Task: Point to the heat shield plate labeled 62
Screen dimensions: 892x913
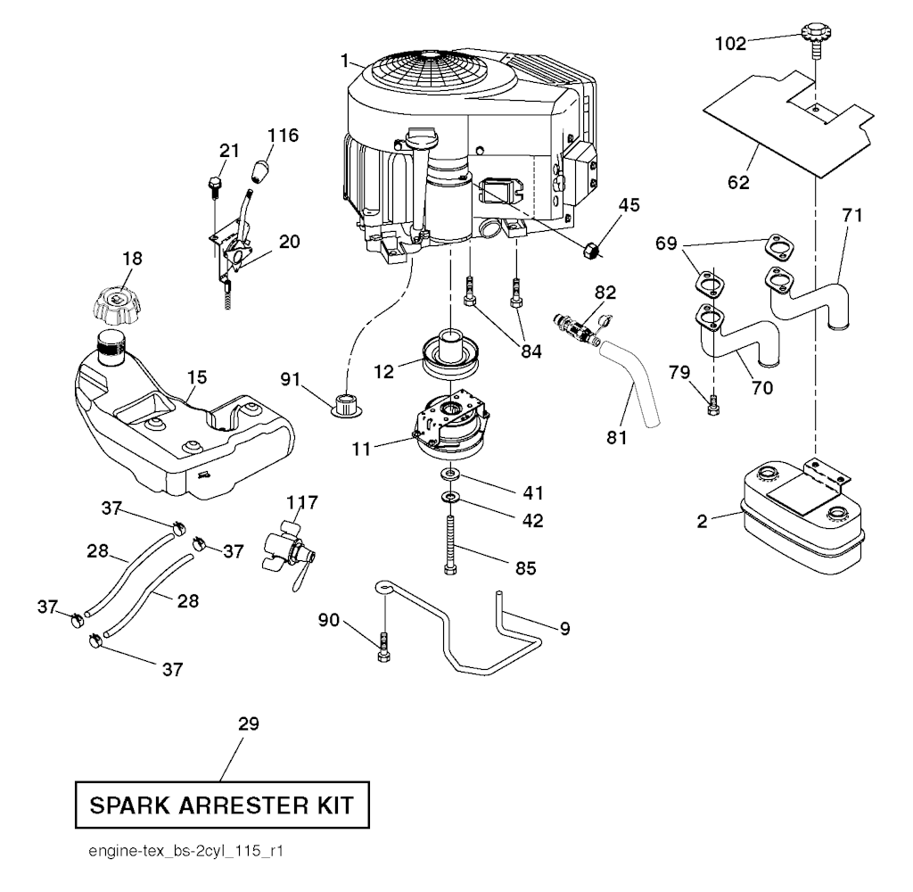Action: tap(785, 125)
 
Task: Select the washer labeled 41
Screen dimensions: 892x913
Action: tap(450, 471)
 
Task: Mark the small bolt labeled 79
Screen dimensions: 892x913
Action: tap(712, 406)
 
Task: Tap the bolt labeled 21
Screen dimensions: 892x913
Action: tap(214, 187)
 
